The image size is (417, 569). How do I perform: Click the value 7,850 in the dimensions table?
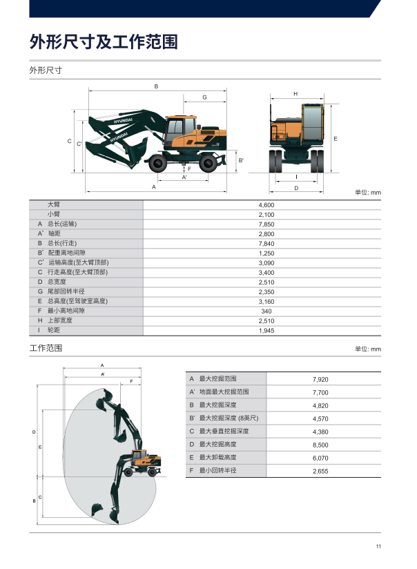coord(266,224)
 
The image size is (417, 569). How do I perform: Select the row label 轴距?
coord(54,233)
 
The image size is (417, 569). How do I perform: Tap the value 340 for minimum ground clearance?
coord(266,311)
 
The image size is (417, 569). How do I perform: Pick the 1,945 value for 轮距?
coord(266,331)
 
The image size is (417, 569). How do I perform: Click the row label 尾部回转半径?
coord(66,291)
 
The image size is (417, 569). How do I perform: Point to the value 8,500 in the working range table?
coord(320,445)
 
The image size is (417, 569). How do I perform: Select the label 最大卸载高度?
coord(217,457)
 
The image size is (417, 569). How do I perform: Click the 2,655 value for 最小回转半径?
coord(320,472)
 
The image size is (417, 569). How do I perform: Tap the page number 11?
coord(378,546)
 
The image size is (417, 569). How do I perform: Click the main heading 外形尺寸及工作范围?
coord(104,41)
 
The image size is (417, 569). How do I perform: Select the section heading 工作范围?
coord(46,348)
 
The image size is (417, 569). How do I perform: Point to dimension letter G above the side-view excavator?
coord(204,97)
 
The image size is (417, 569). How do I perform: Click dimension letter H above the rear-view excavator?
coord(295,94)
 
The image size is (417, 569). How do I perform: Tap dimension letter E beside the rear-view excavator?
coord(336,139)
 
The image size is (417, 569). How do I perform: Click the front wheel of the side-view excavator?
coord(158,163)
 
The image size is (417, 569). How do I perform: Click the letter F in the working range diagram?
coord(131,381)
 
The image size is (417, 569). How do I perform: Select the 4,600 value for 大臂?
coord(266,205)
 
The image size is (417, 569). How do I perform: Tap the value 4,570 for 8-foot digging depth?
coord(320,418)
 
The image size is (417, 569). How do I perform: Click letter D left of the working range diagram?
coord(34,432)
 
